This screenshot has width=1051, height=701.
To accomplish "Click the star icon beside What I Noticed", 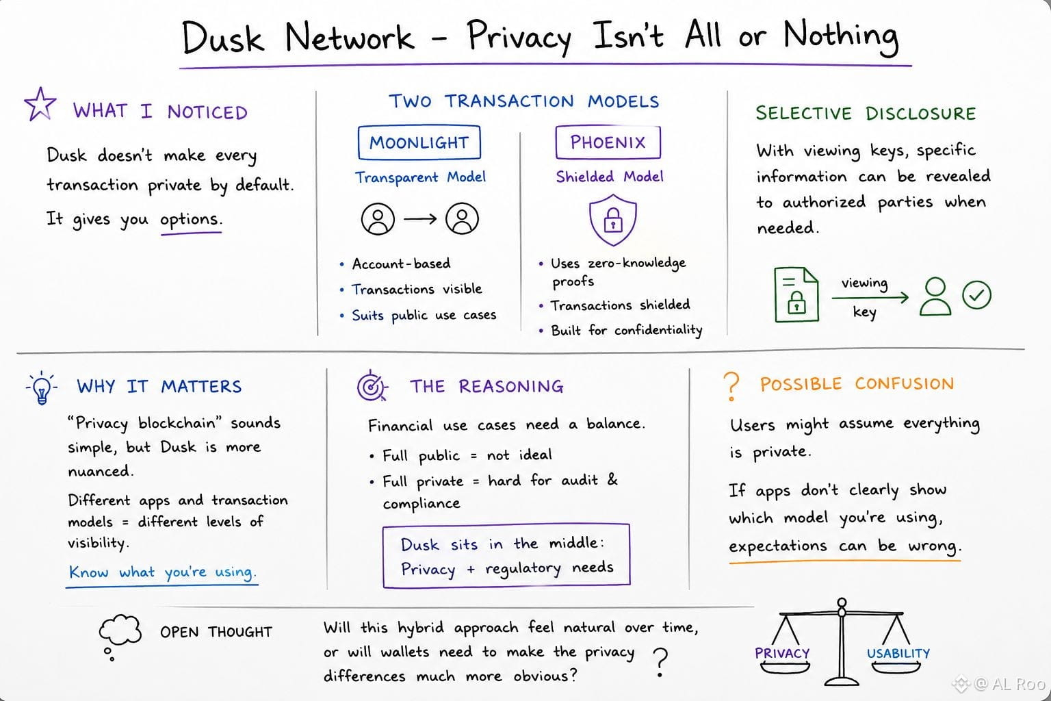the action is (40, 104).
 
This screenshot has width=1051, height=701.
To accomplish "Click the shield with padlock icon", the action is (613, 220).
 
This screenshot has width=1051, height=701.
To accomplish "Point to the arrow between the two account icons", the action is (420, 218).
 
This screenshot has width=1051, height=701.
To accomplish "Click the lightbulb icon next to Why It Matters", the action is (41, 388).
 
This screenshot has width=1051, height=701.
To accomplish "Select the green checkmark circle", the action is (977, 295).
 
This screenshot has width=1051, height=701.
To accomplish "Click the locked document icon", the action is (796, 294).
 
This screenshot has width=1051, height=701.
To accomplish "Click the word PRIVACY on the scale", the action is (782, 653).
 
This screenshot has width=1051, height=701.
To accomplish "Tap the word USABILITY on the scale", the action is (898, 653).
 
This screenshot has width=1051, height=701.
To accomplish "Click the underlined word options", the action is (190, 220).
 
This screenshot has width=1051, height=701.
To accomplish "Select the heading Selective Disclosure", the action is (866, 113).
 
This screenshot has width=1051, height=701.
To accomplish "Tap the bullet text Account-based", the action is (401, 264).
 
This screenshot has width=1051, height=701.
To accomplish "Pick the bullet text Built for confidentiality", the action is (626, 330).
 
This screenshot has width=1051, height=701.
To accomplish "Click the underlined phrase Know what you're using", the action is (162, 572).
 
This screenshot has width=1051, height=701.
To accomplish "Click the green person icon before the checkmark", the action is (935, 296).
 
